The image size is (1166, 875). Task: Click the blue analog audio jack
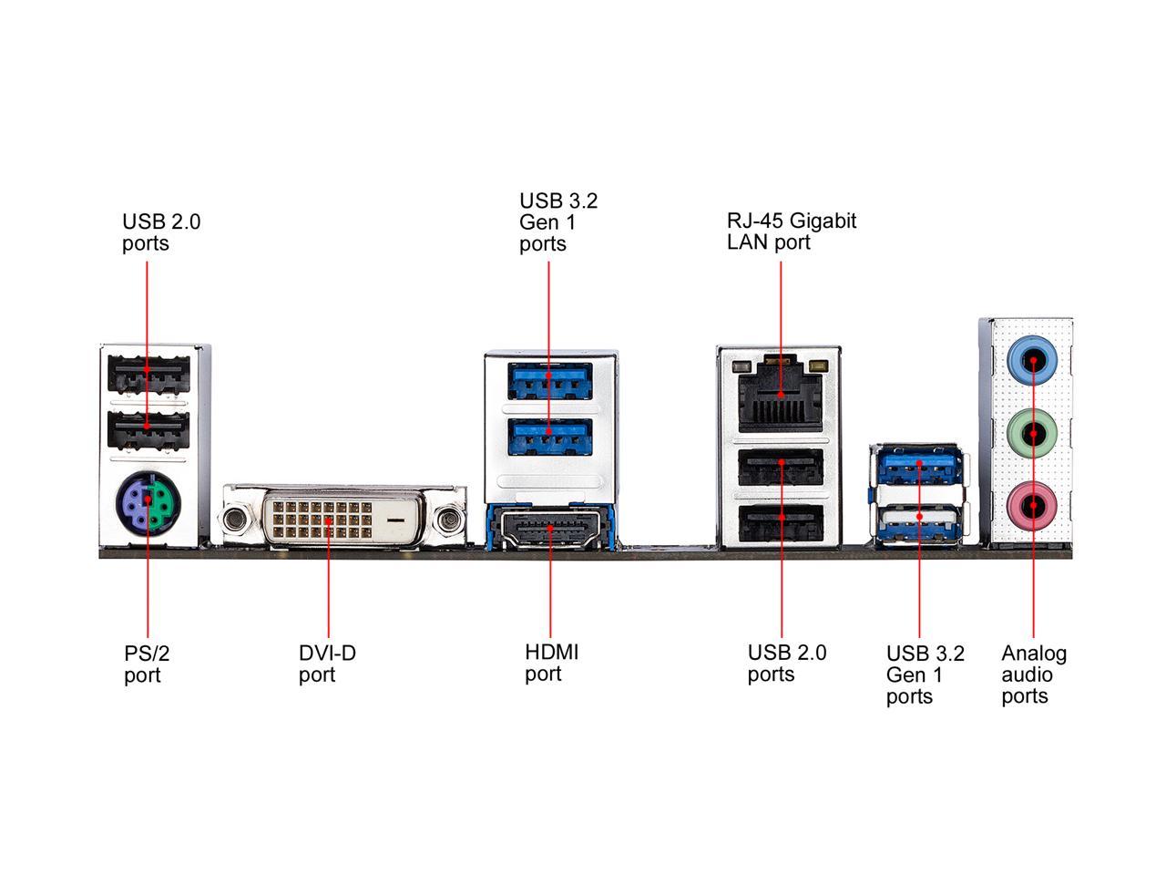(1033, 360)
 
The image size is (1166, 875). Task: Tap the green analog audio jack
(1033, 431)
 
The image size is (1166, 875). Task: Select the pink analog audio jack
(1033, 503)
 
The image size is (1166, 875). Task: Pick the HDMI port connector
(549, 530)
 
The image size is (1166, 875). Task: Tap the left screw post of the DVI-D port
(236, 520)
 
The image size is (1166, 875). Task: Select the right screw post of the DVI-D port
(448, 520)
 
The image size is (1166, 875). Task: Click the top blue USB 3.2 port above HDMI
(549, 379)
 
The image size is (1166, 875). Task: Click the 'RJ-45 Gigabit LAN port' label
(791, 232)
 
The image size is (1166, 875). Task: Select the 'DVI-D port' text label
(327, 664)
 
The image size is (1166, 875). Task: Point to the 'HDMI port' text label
(551, 663)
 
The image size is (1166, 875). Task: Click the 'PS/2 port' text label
(147, 664)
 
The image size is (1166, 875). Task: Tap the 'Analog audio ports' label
(1034, 674)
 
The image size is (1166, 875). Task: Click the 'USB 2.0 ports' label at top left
(161, 232)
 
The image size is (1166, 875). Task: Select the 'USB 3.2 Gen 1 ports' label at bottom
(925, 674)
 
